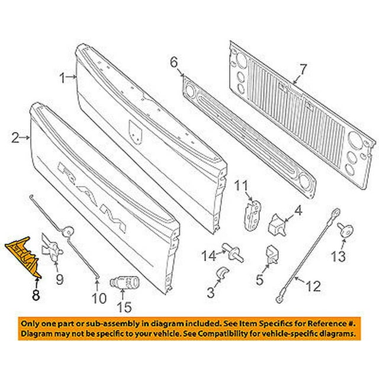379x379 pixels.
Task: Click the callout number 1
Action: [x=63, y=77]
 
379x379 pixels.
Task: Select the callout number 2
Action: [x=15, y=138]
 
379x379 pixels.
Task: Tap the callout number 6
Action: [x=174, y=62]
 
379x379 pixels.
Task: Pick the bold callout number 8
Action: [x=37, y=293]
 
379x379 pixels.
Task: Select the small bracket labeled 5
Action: [x=272, y=254]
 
